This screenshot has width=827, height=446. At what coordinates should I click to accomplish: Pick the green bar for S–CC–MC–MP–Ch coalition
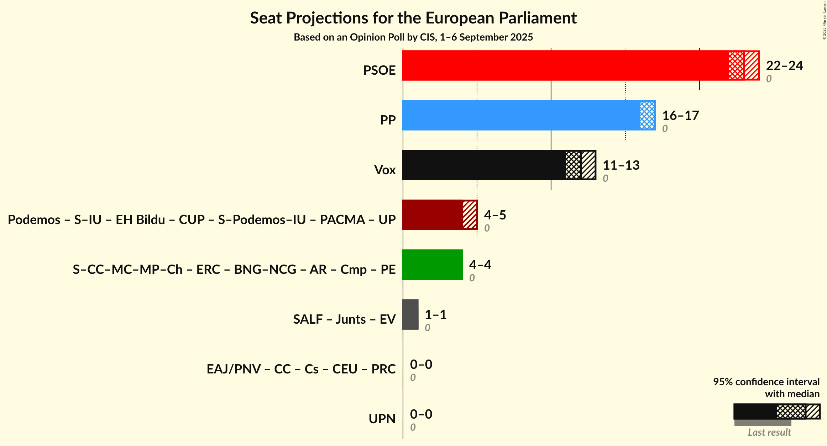[x=432, y=265]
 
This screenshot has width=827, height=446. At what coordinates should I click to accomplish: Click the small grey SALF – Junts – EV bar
[x=410, y=314]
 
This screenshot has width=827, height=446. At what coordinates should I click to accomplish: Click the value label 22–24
[x=784, y=66]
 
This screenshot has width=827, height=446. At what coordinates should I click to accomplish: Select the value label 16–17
[x=680, y=116]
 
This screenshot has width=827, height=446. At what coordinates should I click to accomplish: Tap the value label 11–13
[x=621, y=165]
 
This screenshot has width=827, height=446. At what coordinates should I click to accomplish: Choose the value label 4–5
[x=495, y=215]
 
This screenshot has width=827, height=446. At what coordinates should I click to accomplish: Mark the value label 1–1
[x=435, y=315]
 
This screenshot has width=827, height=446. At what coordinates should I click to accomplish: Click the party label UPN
[x=382, y=419]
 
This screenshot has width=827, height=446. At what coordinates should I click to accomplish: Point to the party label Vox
[x=385, y=170]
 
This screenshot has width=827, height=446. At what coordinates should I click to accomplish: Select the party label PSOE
[x=379, y=70]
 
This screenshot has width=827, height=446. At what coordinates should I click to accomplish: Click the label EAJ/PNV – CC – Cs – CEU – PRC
[x=301, y=369]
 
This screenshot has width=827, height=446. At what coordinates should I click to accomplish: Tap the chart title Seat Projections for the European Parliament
[x=413, y=18]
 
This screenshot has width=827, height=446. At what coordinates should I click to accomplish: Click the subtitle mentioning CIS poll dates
[x=413, y=37]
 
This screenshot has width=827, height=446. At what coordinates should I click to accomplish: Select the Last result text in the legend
[x=769, y=432]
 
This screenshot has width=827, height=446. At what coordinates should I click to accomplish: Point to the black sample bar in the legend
[x=755, y=412]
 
